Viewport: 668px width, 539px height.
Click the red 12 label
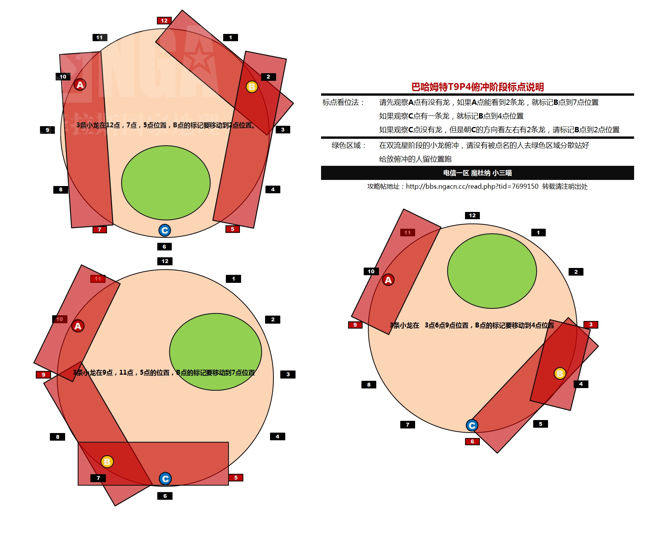(x=164, y=21)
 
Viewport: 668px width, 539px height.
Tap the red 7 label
(x=99, y=229)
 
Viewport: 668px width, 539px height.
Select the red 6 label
(x=472, y=441)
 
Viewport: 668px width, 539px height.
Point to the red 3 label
(x=591, y=325)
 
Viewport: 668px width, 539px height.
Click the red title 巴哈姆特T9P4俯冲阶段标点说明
(x=478, y=87)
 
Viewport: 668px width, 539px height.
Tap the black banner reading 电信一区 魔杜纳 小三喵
(x=477, y=173)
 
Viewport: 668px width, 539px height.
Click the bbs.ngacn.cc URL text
(x=472, y=186)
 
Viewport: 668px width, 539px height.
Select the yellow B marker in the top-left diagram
(x=252, y=87)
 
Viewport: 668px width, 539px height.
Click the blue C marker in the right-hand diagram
(x=472, y=425)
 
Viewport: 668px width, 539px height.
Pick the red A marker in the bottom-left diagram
(x=78, y=326)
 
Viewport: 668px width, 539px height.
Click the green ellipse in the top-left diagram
(x=166, y=183)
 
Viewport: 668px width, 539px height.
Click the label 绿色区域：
(x=348, y=145)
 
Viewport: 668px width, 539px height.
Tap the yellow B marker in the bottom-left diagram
(x=107, y=462)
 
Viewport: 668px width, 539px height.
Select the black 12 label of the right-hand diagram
(x=472, y=215)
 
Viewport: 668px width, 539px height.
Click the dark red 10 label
(x=60, y=319)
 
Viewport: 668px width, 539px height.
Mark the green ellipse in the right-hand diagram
(x=492, y=271)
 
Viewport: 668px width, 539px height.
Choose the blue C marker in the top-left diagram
(x=165, y=230)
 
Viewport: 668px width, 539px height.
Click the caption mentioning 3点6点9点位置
(x=472, y=325)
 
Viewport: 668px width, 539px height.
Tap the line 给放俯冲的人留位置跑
(x=415, y=159)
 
